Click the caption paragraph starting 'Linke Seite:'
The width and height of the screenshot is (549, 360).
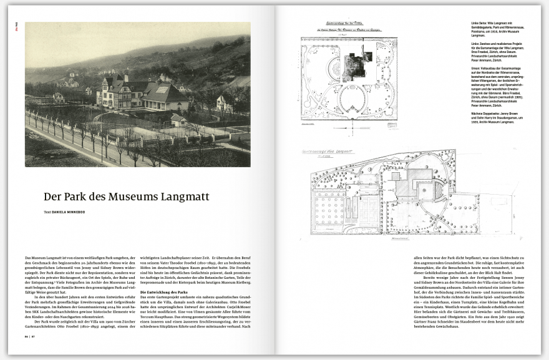click(x=496, y=31)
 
